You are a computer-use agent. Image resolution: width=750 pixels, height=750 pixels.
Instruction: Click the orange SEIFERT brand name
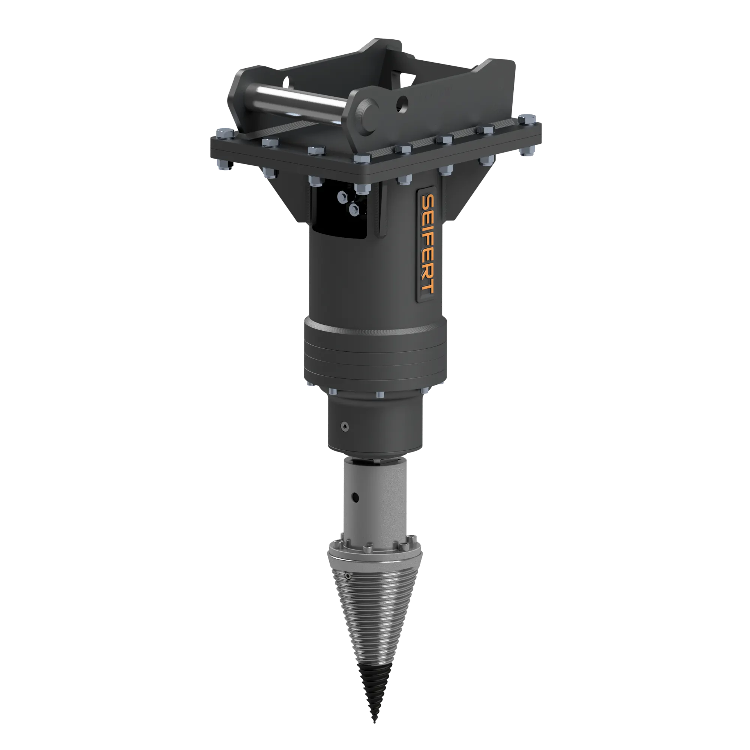tap(427, 244)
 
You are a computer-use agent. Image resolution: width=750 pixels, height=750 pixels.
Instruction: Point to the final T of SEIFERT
tap(428, 287)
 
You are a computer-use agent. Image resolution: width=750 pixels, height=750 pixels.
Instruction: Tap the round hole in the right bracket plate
tap(402, 102)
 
